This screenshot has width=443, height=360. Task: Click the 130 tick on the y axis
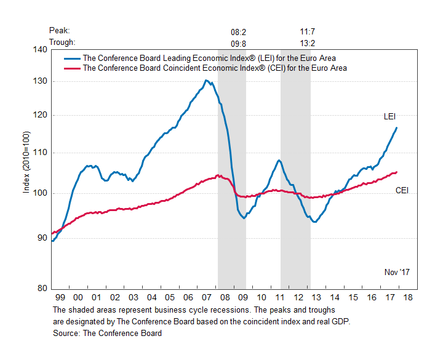tap(40, 81)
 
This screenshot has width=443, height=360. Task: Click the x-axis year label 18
tap(408, 297)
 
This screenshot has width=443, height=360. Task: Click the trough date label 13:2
tap(308, 42)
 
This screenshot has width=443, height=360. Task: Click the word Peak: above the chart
tap(60, 30)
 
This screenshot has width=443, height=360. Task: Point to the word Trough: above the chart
tap(63, 42)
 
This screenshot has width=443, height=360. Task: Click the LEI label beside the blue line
tap(389, 116)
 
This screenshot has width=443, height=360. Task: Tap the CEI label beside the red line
tap(402, 191)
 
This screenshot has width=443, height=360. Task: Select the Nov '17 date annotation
tap(397, 271)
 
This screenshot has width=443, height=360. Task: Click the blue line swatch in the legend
tap(71, 58)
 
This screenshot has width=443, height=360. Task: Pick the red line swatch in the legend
tap(71, 68)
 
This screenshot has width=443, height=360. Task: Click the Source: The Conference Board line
tap(108, 333)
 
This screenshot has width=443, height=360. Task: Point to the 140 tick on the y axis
tap(40, 49)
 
